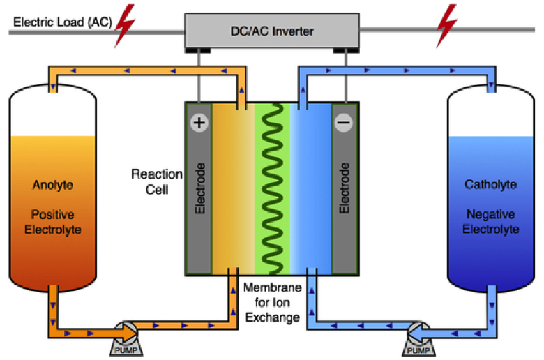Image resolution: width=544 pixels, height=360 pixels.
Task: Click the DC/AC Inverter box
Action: point(271,31)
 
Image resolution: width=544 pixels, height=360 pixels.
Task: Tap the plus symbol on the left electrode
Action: point(199,123)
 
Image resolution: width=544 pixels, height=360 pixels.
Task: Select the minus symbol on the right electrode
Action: point(344,123)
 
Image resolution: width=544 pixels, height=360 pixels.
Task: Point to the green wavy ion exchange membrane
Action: point(272,188)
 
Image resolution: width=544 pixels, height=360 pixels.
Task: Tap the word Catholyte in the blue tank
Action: point(491,185)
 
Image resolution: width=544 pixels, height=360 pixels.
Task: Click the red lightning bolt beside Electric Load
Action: point(126,24)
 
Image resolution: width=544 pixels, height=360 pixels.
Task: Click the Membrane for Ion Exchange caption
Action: point(271,301)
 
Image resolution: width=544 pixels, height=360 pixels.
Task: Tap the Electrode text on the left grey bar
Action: point(199,188)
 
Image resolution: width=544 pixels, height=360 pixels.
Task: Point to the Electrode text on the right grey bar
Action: point(344,188)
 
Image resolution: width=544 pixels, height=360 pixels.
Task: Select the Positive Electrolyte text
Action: point(52,222)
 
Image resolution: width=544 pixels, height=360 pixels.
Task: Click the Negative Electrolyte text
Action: point(491,222)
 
